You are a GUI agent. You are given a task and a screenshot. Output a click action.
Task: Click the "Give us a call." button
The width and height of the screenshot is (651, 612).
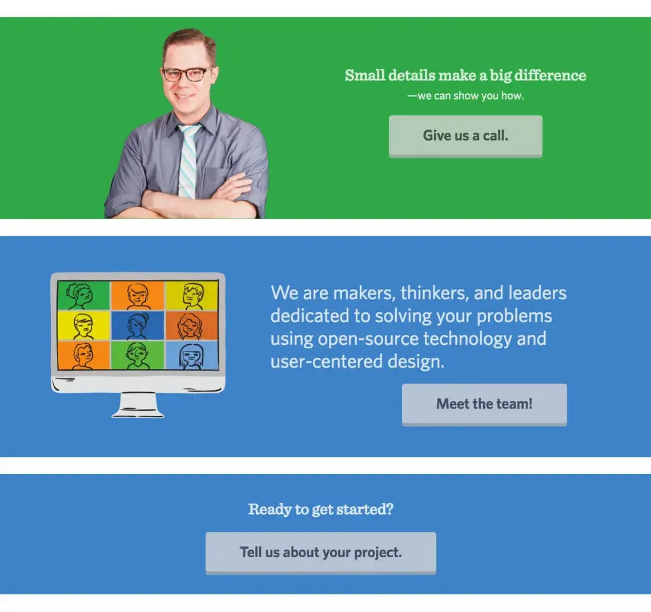tap(465, 136)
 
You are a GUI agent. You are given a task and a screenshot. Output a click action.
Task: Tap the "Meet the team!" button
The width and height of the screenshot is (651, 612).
tap(484, 404)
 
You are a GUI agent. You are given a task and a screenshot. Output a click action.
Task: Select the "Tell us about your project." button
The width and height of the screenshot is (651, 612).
tap(320, 553)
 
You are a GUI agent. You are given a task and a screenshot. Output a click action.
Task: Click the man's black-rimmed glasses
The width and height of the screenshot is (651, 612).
tap(186, 74)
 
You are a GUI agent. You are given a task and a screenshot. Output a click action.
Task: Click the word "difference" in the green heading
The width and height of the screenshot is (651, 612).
tap(550, 75)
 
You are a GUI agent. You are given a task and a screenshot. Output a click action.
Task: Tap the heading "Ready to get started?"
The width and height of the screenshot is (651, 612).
tap(320, 509)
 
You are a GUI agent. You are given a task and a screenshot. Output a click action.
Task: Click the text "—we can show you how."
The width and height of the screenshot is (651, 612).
tap(465, 96)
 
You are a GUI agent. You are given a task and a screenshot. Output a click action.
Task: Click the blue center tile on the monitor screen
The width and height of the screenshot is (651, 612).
tap(138, 326)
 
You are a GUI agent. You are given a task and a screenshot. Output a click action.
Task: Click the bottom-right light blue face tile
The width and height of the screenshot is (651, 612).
tap(192, 356)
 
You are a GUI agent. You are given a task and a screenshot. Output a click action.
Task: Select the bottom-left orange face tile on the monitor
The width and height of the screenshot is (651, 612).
tap(83, 356)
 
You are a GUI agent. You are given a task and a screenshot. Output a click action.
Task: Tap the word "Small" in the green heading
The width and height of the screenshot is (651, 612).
tap(365, 75)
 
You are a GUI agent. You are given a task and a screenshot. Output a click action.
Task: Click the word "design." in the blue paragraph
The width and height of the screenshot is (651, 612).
tap(416, 361)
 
